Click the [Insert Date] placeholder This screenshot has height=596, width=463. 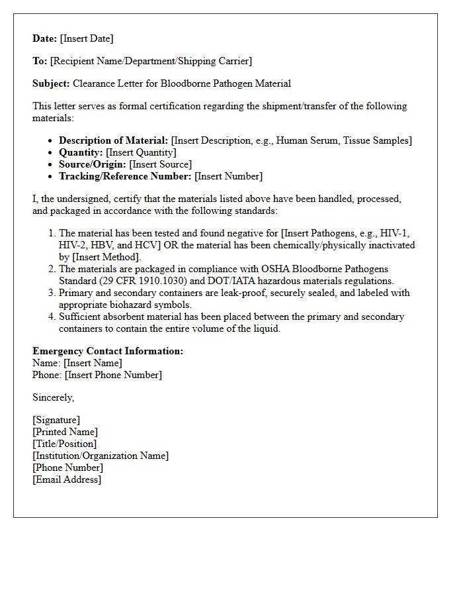click(87, 38)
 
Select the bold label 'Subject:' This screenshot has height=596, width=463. click(51, 83)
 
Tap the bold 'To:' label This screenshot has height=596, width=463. click(40, 61)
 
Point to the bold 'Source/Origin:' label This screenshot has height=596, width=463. click(92, 164)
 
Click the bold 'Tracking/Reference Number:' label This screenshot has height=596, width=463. click(125, 176)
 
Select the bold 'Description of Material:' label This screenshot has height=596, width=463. click(113, 140)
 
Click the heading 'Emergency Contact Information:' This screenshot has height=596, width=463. click(108, 351)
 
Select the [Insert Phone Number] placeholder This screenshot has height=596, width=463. click(113, 375)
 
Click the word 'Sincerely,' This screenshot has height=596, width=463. click(54, 397)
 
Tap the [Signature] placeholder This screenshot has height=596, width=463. click(56, 420)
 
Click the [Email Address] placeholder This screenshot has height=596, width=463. click(67, 479)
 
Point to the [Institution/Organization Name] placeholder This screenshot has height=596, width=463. click(101, 456)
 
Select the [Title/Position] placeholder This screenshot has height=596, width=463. click(64, 444)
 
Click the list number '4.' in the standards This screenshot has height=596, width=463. click(52, 317)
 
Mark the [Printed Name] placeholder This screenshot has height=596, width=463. click(65, 432)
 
